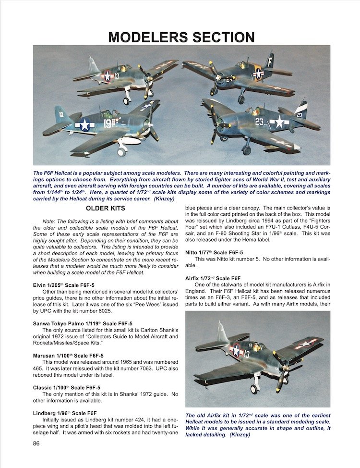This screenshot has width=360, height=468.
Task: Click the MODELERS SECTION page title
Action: coord(181,37)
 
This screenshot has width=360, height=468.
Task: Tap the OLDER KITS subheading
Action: coord(105,208)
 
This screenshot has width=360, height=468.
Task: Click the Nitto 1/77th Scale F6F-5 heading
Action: coord(214,253)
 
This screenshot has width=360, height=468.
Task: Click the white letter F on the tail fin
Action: coord(270,62)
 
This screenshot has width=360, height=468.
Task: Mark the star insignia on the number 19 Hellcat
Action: coord(85,125)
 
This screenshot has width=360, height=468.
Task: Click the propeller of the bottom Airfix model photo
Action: coord(281,365)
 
